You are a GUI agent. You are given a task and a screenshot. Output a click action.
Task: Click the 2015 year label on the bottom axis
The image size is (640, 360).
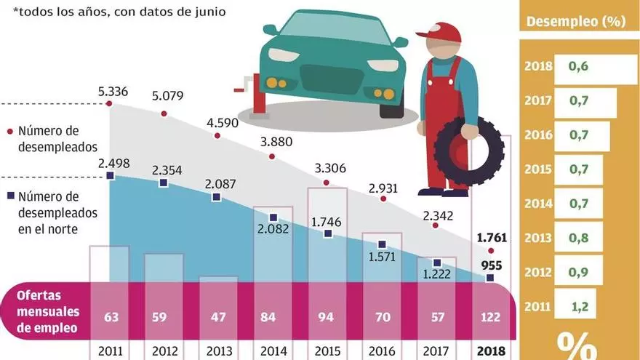point(327,349)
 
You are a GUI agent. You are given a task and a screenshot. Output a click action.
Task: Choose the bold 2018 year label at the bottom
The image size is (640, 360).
point(491,349)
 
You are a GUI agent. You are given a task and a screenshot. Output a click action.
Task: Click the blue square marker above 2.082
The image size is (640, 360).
point(273,218)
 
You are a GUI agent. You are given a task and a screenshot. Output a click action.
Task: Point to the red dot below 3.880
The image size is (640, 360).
point(273,156)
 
